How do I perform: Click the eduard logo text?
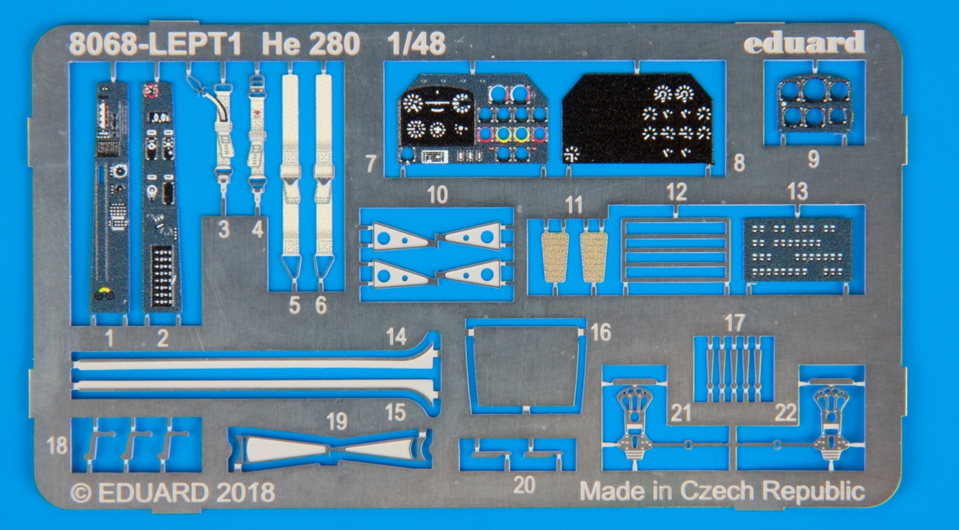tap(804, 42)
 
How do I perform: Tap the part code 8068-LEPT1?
tap(155, 44)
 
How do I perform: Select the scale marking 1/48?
tap(416, 44)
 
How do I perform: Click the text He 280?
tap(311, 44)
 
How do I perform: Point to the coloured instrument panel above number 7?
tap(473, 119)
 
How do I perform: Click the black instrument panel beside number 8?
tap(638, 119)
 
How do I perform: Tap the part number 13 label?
tap(798, 191)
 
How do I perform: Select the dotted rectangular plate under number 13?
tap(798, 250)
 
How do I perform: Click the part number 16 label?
tap(600, 332)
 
